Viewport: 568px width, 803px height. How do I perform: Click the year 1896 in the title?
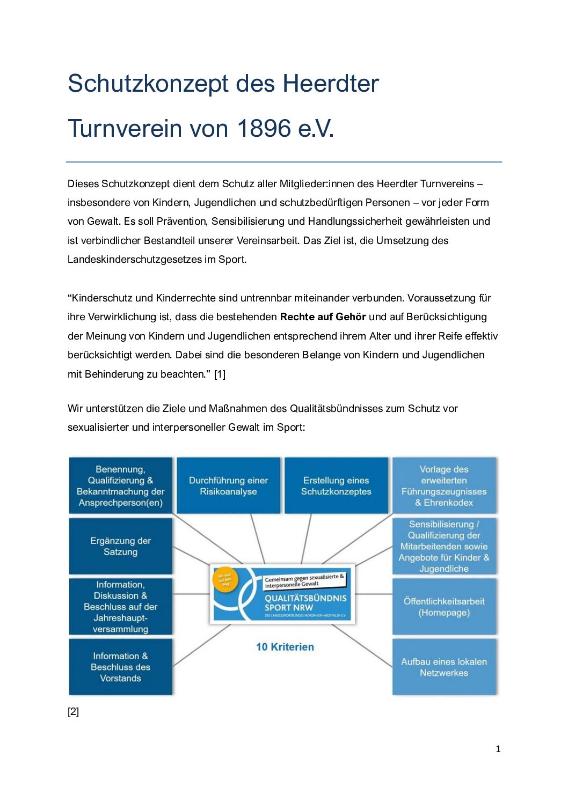click(264, 129)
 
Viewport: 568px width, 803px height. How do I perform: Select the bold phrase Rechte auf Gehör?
click(323, 317)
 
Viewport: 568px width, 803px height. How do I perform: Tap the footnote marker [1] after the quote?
click(220, 374)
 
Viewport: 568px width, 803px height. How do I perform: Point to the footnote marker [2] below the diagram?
click(74, 712)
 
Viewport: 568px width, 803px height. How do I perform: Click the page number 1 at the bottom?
click(498, 749)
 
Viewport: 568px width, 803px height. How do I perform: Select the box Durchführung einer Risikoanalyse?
click(228, 486)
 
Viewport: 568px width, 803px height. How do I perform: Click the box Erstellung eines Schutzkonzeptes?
click(336, 486)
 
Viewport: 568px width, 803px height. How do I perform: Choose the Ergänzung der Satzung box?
click(120, 546)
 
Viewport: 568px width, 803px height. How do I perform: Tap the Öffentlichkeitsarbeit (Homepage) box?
click(444, 607)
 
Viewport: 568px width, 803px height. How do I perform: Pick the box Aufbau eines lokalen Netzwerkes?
click(444, 667)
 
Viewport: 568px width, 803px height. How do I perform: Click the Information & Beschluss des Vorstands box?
click(120, 667)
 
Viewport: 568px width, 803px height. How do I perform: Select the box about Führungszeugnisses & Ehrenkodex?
click(444, 486)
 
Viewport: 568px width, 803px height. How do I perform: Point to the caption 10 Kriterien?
click(285, 647)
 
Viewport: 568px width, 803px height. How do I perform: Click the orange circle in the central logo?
click(225, 581)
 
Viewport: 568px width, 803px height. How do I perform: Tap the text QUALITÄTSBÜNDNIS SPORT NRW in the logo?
click(305, 603)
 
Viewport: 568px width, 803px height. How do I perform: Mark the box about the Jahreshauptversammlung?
click(120, 607)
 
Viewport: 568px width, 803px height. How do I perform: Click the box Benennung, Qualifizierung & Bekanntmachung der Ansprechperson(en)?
click(120, 486)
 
